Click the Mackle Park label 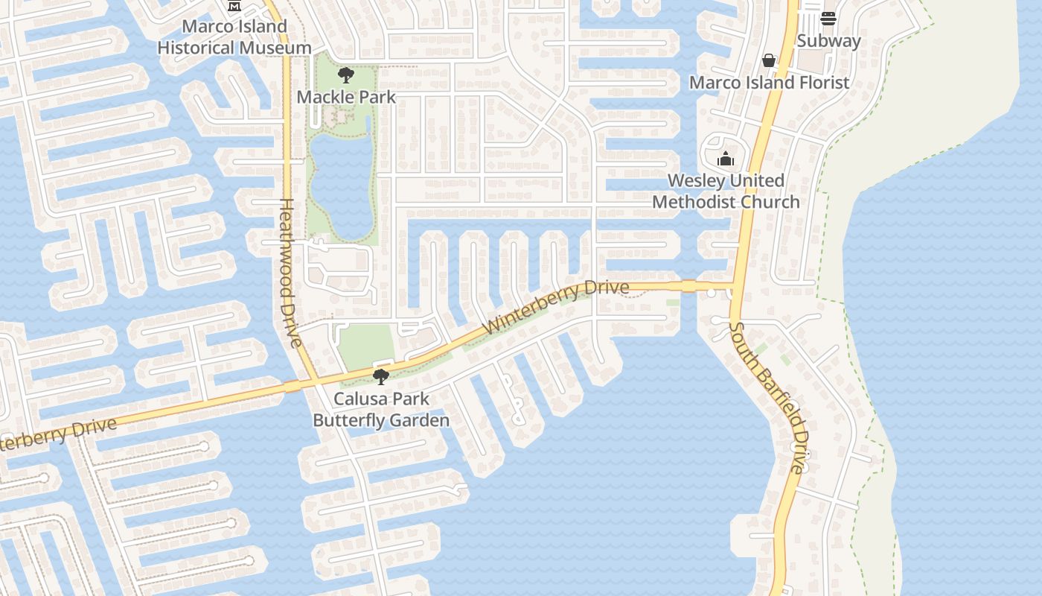coord(346,97)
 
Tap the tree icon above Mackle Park coord(345,74)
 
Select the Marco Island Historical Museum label coord(234,37)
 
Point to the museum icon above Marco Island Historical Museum coord(234,5)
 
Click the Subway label coord(828,41)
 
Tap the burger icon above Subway coord(828,18)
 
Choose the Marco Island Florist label coord(769,82)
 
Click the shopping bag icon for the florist coord(769,60)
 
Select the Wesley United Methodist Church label coord(726,191)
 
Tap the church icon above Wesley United coord(726,159)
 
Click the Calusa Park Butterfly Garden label coord(381,410)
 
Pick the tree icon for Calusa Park coord(381,377)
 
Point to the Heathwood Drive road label coord(290,273)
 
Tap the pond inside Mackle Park coord(342,183)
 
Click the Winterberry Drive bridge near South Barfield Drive coord(688,285)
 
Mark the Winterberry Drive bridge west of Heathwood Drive coord(292,386)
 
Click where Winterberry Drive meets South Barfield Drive coord(735,285)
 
